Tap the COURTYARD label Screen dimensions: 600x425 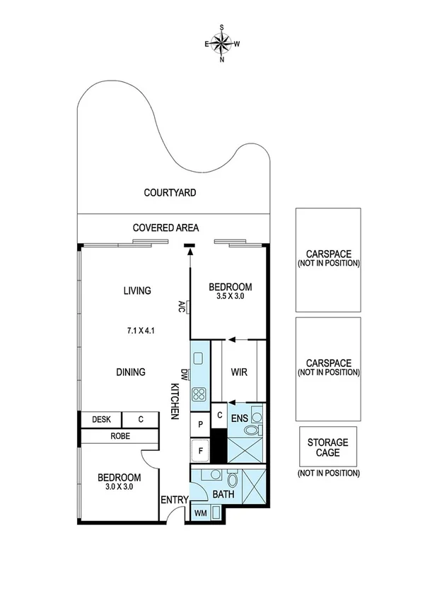coord(170,192)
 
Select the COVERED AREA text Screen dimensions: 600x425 coord(165,228)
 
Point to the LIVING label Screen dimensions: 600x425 coord(137,290)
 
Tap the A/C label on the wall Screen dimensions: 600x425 coord(182,307)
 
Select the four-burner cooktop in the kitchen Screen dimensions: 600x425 coord(199,395)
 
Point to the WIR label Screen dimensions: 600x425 coord(238,372)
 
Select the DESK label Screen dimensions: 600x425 coord(101,420)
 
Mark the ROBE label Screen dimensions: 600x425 coord(120,437)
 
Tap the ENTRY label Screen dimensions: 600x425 coord(174,500)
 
